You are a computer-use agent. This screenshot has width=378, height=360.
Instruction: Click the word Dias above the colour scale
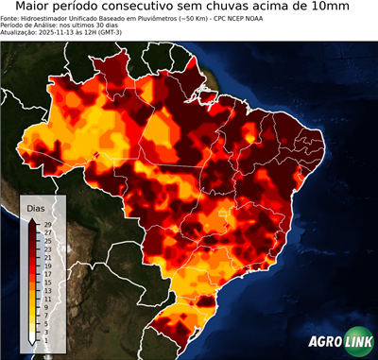[x=36, y=208]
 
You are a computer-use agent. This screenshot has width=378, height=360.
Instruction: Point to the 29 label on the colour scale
[x=47, y=225]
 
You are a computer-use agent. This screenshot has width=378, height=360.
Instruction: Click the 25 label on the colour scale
[x=47, y=240]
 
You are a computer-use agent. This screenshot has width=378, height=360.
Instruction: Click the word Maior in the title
[x=35, y=8]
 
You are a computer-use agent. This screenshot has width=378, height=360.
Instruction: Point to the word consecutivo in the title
[x=165, y=8]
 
